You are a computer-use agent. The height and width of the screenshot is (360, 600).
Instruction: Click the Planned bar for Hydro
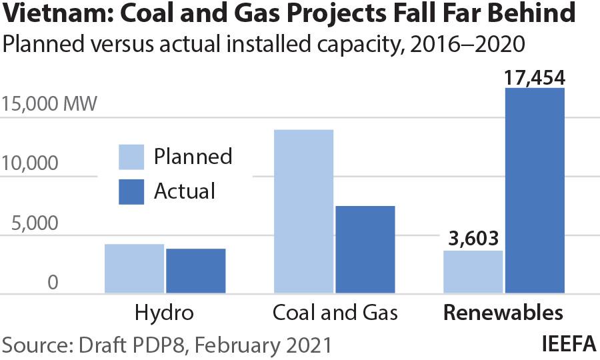(x=134, y=269)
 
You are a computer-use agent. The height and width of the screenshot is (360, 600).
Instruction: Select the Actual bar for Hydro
(x=195, y=271)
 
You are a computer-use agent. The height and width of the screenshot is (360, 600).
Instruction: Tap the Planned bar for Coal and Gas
(x=303, y=211)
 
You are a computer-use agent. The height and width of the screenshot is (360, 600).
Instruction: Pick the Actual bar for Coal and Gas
(x=365, y=249)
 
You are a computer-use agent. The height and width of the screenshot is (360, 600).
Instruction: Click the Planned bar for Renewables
(x=473, y=272)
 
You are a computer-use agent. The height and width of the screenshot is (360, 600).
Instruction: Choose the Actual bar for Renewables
(x=534, y=191)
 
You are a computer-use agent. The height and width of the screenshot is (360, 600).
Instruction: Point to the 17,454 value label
(x=534, y=77)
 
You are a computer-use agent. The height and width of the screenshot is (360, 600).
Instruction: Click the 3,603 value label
(x=473, y=239)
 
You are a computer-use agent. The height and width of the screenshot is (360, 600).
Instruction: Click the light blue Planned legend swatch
(x=131, y=157)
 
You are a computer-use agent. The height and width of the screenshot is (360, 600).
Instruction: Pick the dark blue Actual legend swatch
(x=131, y=191)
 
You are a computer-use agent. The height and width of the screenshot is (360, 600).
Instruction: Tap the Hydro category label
(x=164, y=313)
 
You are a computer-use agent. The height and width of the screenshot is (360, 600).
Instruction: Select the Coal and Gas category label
(x=335, y=313)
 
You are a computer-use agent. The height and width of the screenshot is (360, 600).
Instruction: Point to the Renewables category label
(x=503, y=313)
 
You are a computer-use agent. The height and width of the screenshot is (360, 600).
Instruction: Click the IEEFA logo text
(x=569, y=345)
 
